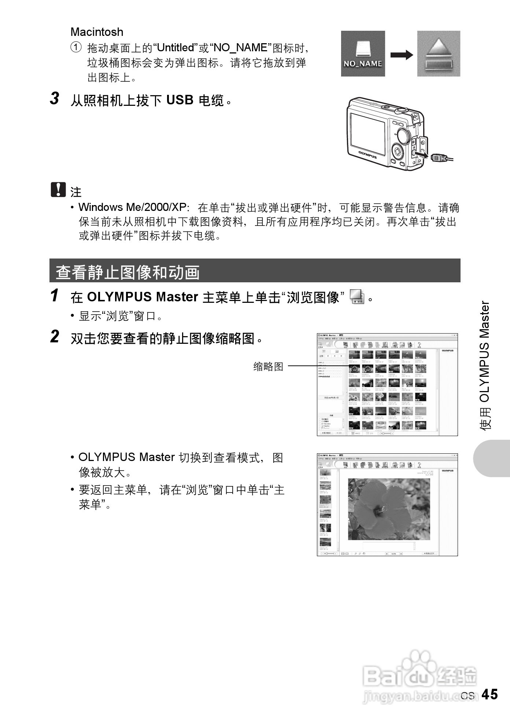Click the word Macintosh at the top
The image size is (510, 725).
[x=97, y=32]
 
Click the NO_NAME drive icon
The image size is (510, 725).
[x=363, y=53]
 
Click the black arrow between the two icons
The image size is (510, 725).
[x=401, y=55]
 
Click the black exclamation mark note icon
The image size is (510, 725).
[x=58, y=189]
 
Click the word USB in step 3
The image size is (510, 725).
[x=180, y=100]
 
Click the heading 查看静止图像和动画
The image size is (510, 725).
[x=128, y=272]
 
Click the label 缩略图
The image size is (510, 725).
[x=268, y=367]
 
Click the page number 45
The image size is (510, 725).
[x=489, y=694]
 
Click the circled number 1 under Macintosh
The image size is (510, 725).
[x=76, y=48]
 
